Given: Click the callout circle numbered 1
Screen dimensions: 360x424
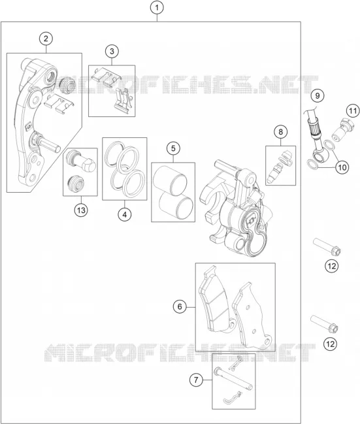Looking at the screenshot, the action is (157, 8).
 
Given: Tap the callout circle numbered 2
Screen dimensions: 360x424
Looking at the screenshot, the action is (46, 39).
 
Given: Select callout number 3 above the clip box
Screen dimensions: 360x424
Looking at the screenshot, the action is (112, 51).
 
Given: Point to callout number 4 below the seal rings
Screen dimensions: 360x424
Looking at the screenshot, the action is (124, 215).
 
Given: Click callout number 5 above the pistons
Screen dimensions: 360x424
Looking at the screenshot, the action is (173, 148).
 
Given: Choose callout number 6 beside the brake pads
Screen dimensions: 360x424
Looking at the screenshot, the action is (180, 306).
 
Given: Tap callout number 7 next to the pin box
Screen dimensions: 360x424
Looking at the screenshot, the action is (196, 380).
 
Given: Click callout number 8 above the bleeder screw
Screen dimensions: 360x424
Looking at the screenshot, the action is (280, 132).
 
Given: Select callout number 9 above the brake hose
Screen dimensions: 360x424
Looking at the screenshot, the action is (318, 95).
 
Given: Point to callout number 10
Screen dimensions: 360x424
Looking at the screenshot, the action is (342, 167).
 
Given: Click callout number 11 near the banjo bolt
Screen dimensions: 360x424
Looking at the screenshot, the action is (352, 111).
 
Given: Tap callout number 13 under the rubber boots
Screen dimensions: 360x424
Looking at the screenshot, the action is (81, 210).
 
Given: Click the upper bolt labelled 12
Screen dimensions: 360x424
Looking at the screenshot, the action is (327, 246).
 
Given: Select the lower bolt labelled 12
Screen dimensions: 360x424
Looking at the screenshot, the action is (324, 324).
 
